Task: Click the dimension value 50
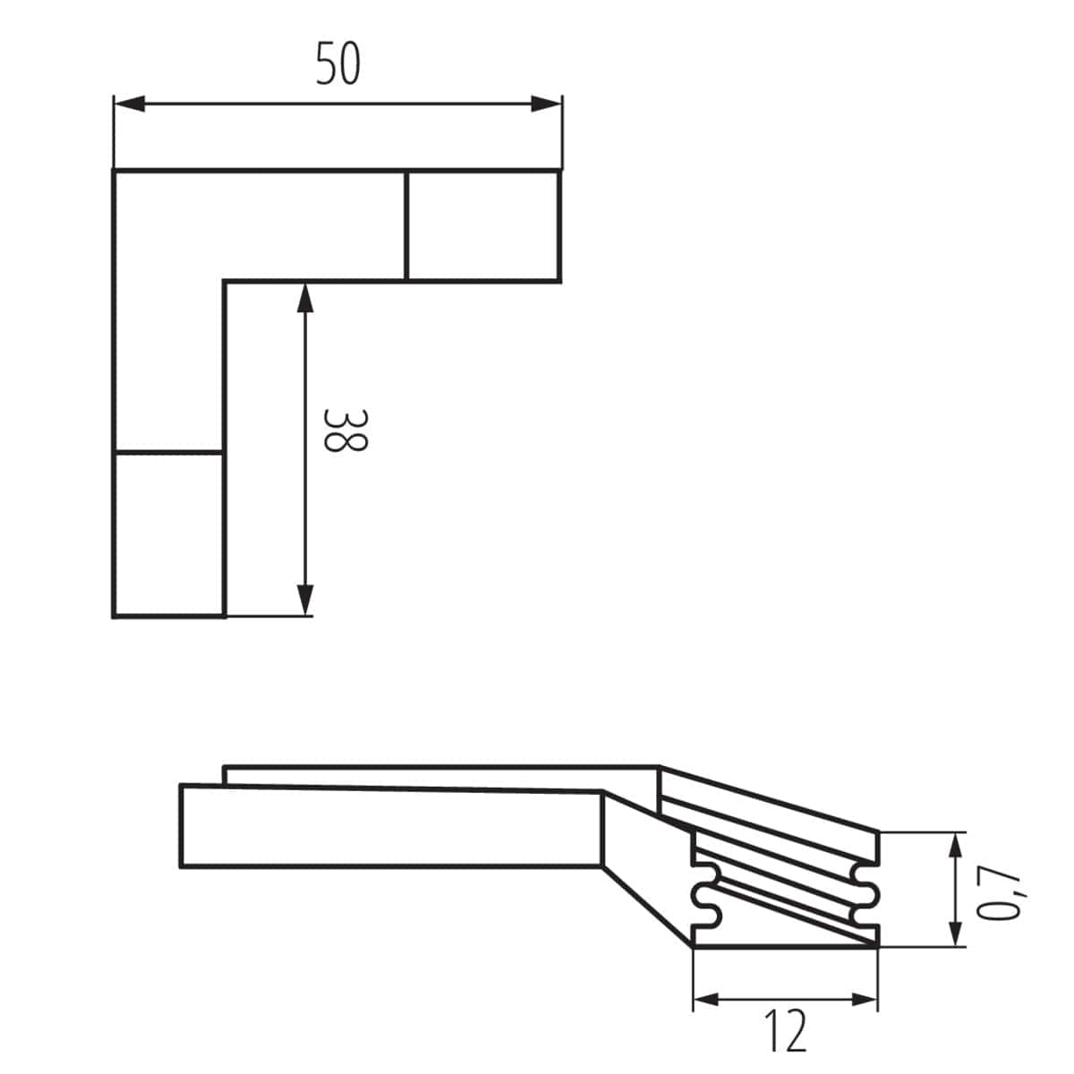point(338,64)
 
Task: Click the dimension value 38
point(344,430)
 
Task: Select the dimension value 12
point(786,1030)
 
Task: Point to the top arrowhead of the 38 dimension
point(305,298)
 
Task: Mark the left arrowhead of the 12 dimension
point(708,999)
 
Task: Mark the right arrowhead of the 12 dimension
point(863,999)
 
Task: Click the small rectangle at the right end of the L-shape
point(483,226)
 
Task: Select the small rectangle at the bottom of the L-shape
point(168,534)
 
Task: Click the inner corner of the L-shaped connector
point(224,282)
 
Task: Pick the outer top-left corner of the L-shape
point(115,170)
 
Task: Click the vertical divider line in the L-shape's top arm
point(406,226)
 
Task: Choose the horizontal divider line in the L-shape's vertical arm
point(168,452)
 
